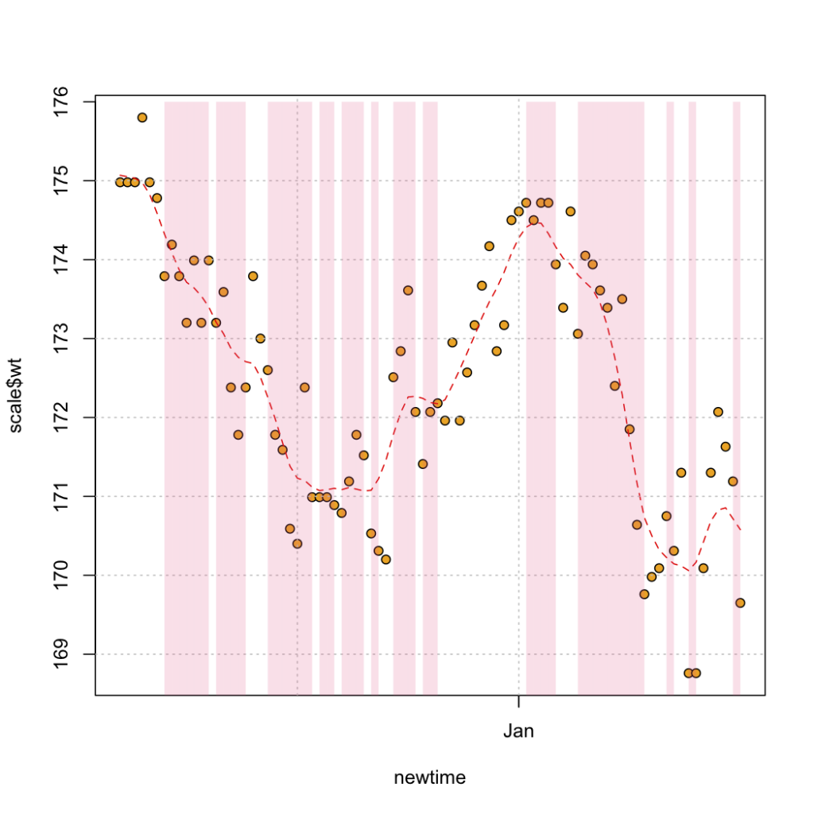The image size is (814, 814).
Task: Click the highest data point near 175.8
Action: click(x=142, y=118)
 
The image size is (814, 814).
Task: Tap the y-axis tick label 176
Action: click(x=61, y=102)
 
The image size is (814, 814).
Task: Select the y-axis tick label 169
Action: click(x=61, y=654)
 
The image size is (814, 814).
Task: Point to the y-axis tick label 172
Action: click(x=61, y=417)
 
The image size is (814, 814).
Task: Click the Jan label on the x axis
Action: click(x=518, y=731)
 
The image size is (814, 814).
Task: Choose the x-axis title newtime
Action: click(x=430, y=777)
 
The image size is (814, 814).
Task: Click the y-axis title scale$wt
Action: click(x=16, y=396)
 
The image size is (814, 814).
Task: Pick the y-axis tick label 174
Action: click(x=61, y=260)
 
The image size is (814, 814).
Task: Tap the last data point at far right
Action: click(x=740, y=603)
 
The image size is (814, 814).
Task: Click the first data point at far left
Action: click(x=120, y=182)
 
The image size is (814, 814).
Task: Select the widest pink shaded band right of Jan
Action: click(x=611, y=398)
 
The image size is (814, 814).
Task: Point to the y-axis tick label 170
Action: click(x=61, y=576)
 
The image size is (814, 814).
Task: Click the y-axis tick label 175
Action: click(x=61, y=180)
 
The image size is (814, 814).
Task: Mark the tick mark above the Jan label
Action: click(x=518, y=701)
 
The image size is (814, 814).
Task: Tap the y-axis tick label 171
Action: click(x=61, y=496)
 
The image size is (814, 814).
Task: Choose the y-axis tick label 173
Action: click(x=61, y=339)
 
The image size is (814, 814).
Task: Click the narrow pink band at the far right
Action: click(x=737, y=398)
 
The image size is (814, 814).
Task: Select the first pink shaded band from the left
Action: click(x=186, y=398)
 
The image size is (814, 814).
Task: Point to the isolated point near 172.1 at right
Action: click(x=718, y=413)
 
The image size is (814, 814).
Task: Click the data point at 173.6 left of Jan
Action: click(x=408, y=291)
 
